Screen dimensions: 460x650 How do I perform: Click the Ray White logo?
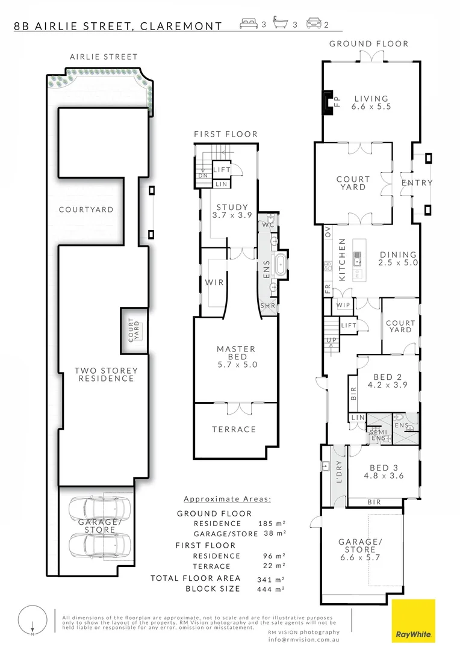click(x=414, y=621)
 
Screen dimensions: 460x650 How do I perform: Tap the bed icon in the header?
click(x=249, y=24)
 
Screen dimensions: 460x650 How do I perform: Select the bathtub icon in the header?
click(x=280, y=23)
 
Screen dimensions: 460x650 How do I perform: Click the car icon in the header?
click(x=314, y=23)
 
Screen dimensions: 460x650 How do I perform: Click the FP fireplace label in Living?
click(x=337, y=102)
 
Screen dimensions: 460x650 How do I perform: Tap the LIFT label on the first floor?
click(x=222, y=170)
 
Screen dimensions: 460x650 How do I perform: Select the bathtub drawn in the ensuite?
click(x=281, y=265)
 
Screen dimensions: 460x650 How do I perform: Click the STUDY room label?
click(x=232, y=207)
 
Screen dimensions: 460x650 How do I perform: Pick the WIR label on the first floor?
click(x=214, y=282)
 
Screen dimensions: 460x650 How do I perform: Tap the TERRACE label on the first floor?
click(x=234, y=430)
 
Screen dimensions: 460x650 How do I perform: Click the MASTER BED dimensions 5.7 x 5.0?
click(x=237, y=365)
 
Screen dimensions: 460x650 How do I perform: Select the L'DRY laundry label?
click(x=339, y=472)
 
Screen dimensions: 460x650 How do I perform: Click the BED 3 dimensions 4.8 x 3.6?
click(x=384, y=475)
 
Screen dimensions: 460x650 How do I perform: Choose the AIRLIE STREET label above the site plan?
click(x=104, y=57)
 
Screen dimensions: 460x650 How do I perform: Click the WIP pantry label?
click(x=343, y=305)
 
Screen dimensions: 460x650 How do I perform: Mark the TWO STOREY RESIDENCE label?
click(x=106, y=374)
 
